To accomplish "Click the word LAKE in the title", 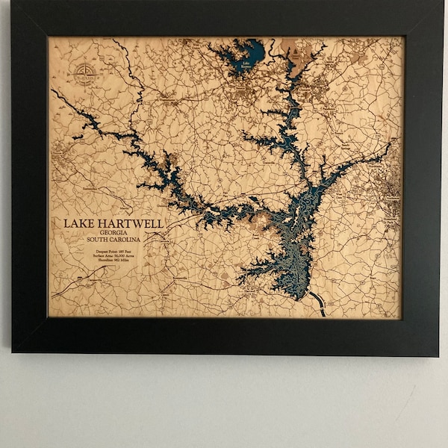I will click(x=75, y=223).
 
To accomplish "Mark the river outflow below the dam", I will click(x=320, y=302).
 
